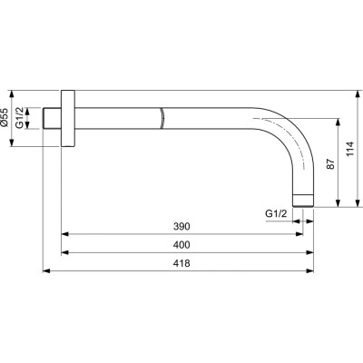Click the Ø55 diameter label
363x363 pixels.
coord(6,119)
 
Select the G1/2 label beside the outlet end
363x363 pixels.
coord(276,213)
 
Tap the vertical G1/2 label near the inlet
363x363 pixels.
coord(26,119)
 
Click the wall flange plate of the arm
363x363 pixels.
coord(66,119)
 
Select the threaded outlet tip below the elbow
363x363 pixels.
coord(302,197)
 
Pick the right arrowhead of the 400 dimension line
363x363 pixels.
coord(307,251)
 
